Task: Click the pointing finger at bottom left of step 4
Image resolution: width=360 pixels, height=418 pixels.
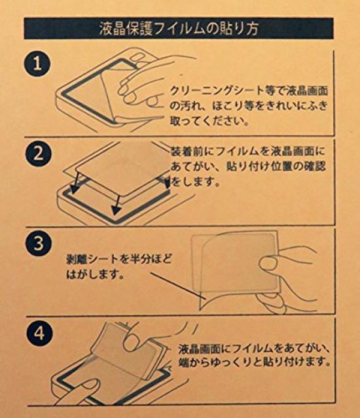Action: coord(85,392)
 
